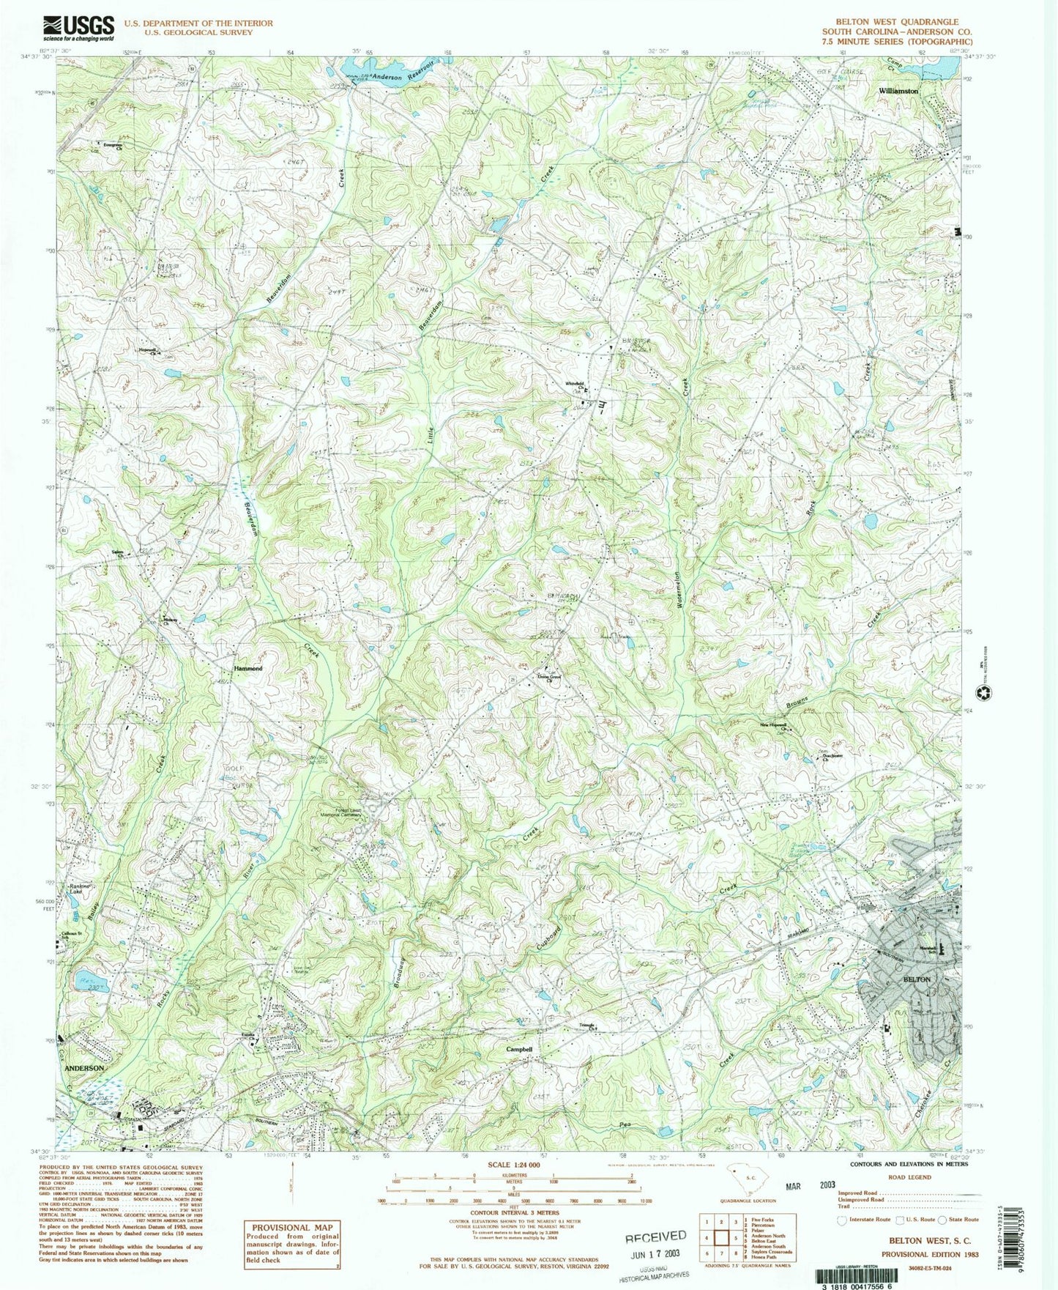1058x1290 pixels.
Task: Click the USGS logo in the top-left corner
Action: (x=78, y=29)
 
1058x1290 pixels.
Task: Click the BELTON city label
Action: (x=916, y=979)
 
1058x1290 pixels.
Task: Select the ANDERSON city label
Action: (x=84, y=1069)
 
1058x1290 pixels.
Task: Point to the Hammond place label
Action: (x=247, y=669)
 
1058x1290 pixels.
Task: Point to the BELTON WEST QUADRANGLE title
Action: (x=897, y=22)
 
